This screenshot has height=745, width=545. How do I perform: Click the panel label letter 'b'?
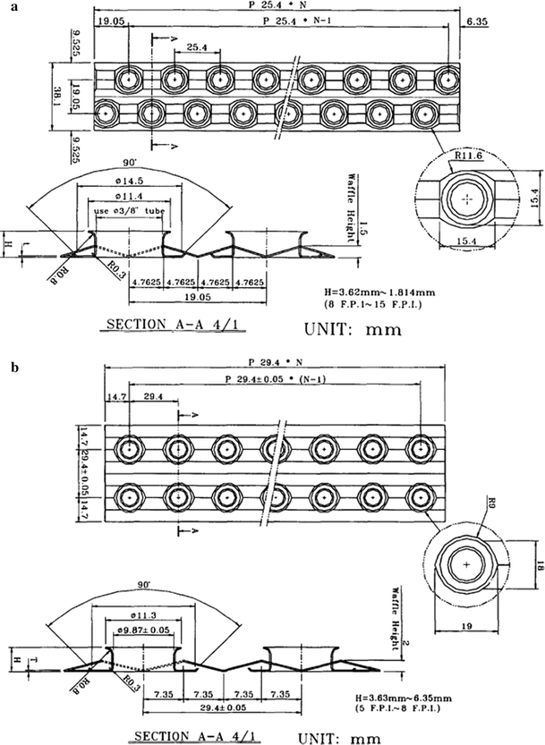(x=7, y=366)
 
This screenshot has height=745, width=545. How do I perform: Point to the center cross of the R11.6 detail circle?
(x=465, y=202)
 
